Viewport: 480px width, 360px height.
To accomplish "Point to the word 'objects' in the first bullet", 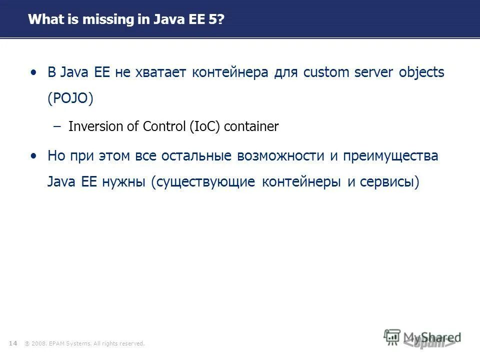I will pyautogui.click(x=421, y=73).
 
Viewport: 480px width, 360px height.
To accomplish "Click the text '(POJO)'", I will pyautogui.click(x=70, y=98).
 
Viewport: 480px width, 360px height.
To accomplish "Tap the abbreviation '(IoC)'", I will pyautogui.click(x=205, y=127).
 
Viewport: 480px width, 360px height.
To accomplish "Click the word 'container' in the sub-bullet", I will pyautogui.click(x=251, y=127).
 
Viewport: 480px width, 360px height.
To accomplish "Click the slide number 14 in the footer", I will pyautogui.click(x=13, y=343).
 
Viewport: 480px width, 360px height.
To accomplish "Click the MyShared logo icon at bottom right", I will pyautogui.click(x=392, y=336).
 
